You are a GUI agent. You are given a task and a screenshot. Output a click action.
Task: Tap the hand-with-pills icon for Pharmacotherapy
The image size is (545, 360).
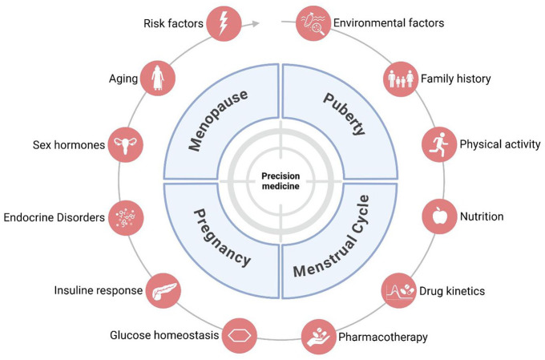point(320,336)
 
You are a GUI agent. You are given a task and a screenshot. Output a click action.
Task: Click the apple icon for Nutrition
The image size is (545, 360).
point(437,216)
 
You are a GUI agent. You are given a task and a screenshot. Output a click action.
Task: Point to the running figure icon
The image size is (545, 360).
point(438,145)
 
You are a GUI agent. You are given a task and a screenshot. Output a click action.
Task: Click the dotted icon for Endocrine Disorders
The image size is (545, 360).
point(123,217)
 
